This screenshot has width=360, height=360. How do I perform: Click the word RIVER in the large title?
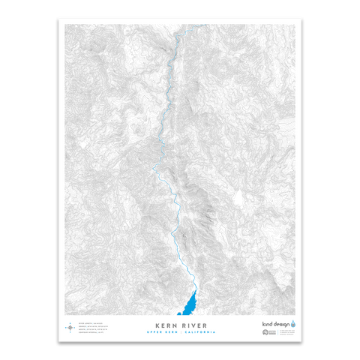(192, 325)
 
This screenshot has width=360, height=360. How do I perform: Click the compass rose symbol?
(70, 327)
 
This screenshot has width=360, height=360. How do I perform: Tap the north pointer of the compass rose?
(70, 323)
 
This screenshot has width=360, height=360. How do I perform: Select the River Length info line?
(88, 323)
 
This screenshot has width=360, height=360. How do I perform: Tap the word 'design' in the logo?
(281, 324)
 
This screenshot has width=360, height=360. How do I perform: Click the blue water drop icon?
(293, 324)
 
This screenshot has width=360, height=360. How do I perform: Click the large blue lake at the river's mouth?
(190, 303)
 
